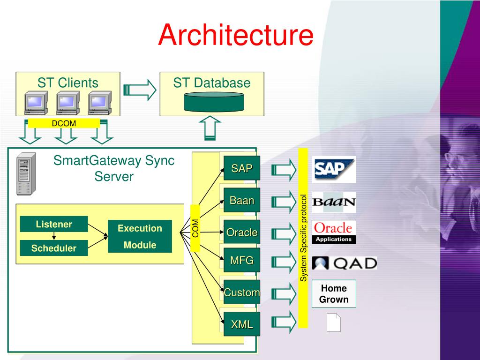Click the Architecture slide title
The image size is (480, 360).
click(x=236, y=35)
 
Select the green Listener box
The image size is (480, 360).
click(x=54, y=224)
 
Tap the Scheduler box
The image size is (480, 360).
click(x=54, y=248)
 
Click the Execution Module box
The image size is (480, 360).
click(x=140, y=236)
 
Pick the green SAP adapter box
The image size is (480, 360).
click(x=242, y=168)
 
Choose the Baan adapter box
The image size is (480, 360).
click(x=242, y=200)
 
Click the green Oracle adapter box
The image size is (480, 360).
click(x=242, y=232)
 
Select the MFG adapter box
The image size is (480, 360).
click(x=242, y=260)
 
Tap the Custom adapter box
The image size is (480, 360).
click(x=242, y=292)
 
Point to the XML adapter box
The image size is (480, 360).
click(x=242, y=324)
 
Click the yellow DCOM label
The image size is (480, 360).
click(x=64, y=123)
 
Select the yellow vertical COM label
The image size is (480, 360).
click(x=195, y=228)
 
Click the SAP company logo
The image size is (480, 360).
click(x=334, y=170)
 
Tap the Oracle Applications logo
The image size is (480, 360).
click(x=334, y=232)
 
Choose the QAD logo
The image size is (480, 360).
click(x=345, y=263)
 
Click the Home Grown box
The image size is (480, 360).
click(x=334, y=294)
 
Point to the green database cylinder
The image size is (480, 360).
click(x=214, y=102)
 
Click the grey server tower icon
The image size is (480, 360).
click(x=26, y=174)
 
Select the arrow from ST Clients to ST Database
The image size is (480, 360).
click(x=140, y=90)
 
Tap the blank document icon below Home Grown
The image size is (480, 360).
click(x=334, y=322)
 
